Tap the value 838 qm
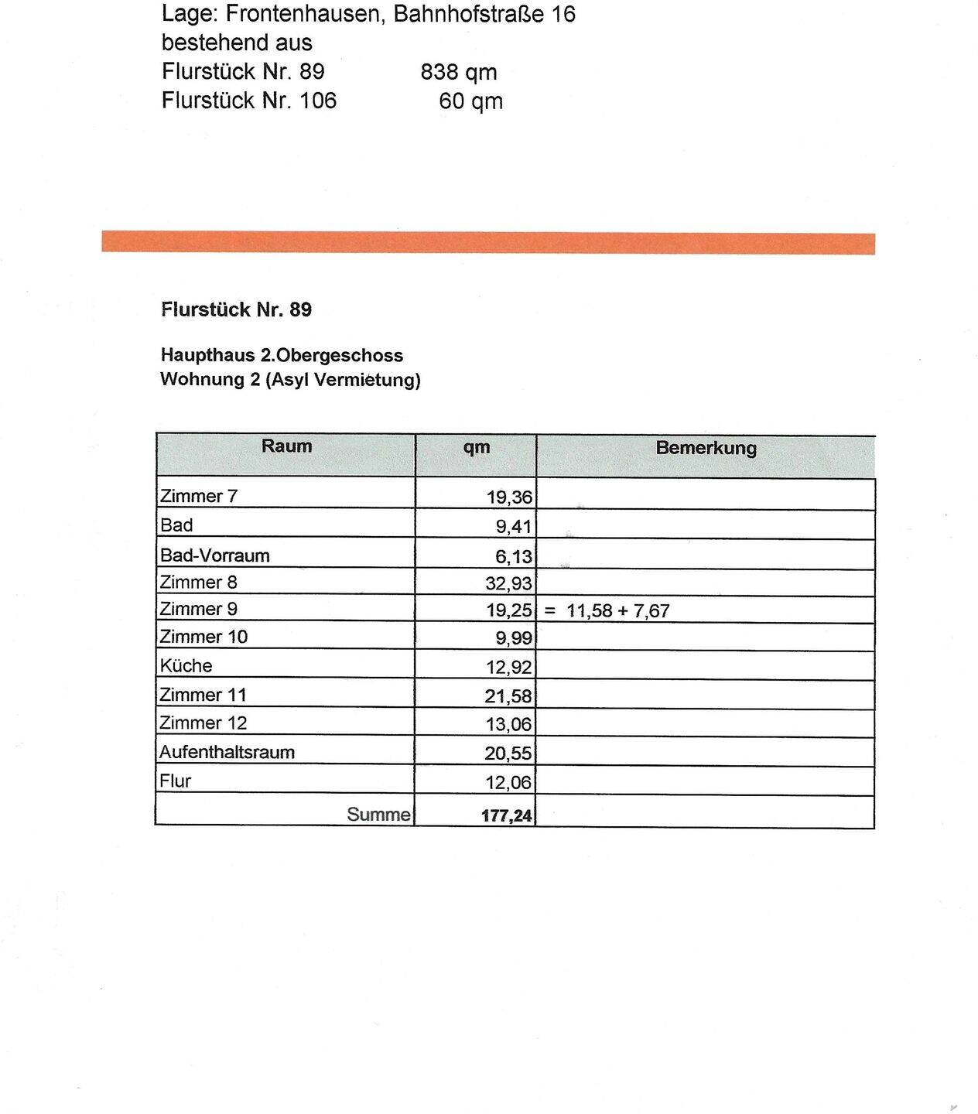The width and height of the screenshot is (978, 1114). pos(459,72)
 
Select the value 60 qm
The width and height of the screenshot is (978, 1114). pos(470,101)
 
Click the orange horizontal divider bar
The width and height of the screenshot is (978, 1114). pos(488,242)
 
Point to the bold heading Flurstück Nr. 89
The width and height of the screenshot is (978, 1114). pos(236,309)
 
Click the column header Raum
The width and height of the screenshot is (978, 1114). pos(286,446)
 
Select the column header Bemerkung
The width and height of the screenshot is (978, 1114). pos(706,448)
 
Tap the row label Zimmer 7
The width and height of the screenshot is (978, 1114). pos(199,496)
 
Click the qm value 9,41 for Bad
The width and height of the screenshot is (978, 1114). pos(514,527)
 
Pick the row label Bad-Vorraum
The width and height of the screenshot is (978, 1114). pos(215,555)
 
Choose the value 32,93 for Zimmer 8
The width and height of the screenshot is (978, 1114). pos(509,584)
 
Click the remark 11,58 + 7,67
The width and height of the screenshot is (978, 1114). pos(617,610)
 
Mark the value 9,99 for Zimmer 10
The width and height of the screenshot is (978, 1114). pos(514,639)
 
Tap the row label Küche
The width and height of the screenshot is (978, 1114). pos(186,665)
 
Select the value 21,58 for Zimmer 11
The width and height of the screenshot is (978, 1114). pos(508,696)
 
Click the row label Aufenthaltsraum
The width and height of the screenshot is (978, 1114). pos(227,752)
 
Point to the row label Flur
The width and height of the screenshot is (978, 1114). pos(175,781)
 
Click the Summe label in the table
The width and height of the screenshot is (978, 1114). pos(378,814)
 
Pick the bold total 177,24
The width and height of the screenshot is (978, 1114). pos(507,815)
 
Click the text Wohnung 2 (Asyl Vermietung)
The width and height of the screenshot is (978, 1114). pos(290,380)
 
